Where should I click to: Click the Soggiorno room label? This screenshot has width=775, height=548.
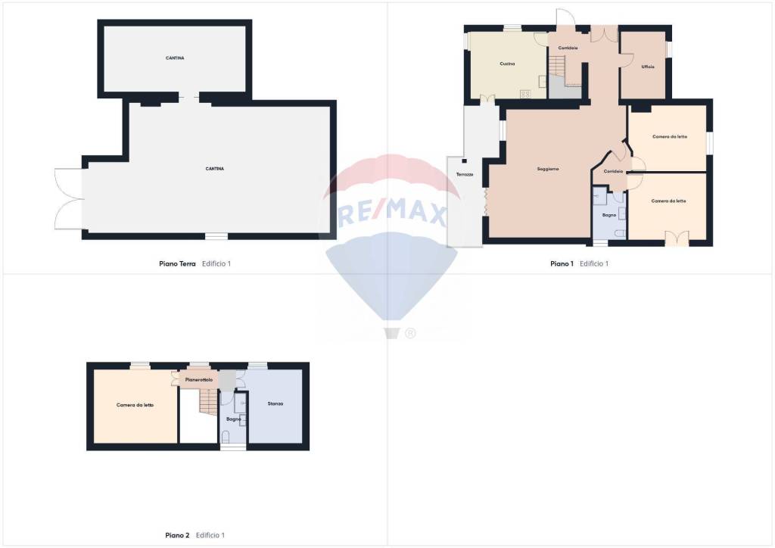pos(548,169)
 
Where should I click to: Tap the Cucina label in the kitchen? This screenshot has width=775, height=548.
pos(507,64)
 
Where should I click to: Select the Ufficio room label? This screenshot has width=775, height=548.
pos(648,67)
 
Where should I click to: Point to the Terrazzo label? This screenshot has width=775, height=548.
pos(465,175)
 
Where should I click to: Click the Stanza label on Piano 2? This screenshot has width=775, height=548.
pos(275,403)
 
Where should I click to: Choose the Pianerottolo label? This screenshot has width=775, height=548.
pos(199,379)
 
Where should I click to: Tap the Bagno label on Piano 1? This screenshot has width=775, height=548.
pos(609,215)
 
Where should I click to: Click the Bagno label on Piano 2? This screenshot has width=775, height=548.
pos(234,419)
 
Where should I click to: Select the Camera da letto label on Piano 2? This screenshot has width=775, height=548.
pos(135,405)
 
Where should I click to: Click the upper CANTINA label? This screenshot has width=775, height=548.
pos(175,58)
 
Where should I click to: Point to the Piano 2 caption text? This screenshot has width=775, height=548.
pos(178,535)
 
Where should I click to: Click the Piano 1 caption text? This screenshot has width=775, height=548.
pos(562,264)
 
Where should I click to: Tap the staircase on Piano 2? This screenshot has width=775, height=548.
pos(209,401)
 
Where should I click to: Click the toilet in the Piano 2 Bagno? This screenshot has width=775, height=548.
pos(226,436)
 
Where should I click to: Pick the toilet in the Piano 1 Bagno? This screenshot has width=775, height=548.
pos(621,232)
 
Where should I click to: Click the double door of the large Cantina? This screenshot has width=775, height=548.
pos(68,198)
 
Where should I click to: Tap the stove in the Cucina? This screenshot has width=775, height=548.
pos(524,93)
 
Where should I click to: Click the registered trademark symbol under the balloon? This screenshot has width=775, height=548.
pos(410,333)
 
